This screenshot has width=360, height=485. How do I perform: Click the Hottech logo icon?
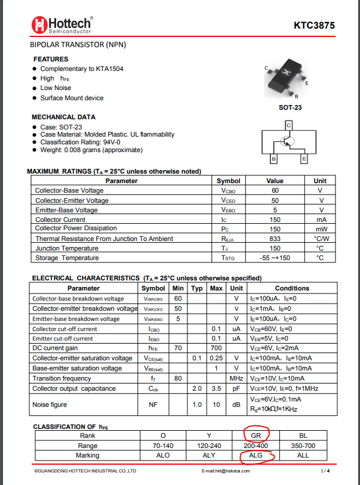point(39,24)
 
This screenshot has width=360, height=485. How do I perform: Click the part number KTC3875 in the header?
point(314,26)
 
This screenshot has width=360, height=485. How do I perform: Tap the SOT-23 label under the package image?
point(290,108)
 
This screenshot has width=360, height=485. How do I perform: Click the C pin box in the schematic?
point(288,125)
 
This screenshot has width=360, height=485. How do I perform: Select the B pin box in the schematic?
point(273,159)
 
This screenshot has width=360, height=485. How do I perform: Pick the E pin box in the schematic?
point(304,159)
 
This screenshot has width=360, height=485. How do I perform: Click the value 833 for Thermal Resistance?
point(275,239)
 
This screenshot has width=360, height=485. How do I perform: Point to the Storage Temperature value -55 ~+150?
point(275,258)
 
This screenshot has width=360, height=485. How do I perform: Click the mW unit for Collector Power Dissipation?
point(321,229)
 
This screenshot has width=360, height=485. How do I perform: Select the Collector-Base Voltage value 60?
point(275,191)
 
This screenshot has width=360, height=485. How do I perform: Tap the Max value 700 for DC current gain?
point(216,348)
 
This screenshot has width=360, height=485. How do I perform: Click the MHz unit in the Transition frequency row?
point(236,379)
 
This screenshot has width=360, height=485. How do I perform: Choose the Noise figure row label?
point(51,405)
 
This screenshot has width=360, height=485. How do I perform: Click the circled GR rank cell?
point(256,435)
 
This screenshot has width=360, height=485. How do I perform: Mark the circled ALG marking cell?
point(256,456)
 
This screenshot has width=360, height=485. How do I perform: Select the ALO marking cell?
point(162,456)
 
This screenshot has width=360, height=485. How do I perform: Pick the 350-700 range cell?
point(303,446)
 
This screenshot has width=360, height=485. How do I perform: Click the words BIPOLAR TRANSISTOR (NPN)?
point(78,45)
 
